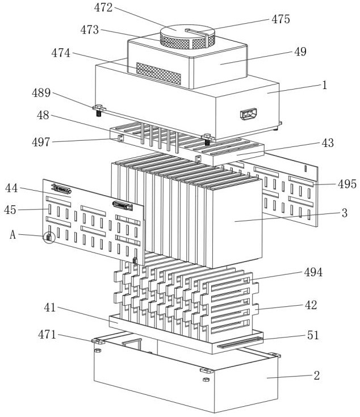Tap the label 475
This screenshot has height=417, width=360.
point(281,19)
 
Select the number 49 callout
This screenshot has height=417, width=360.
point(301,52)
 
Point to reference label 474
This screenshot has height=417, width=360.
point(61,53)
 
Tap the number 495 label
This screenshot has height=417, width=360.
point(346,184)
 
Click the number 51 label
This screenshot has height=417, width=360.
point(313,335)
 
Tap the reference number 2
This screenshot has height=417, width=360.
point(316,375)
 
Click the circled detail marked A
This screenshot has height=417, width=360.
point(49,237)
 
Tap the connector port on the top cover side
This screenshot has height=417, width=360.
point(249,115)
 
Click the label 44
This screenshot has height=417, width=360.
point(12,188)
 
